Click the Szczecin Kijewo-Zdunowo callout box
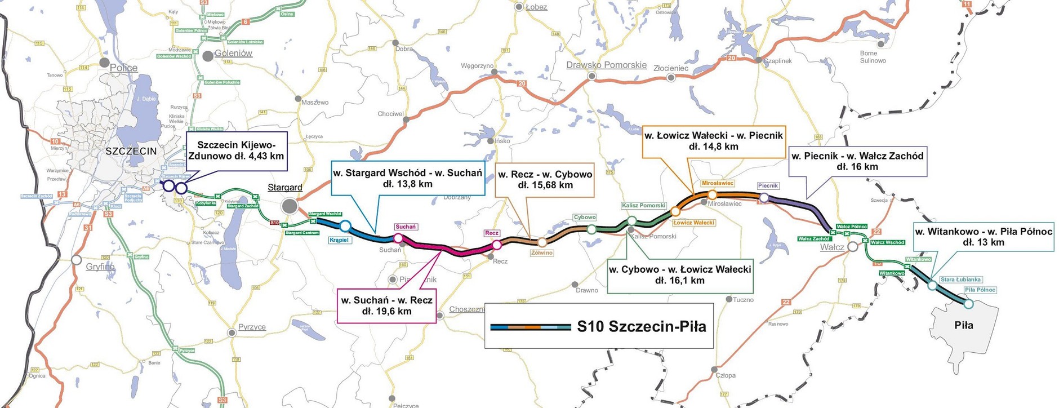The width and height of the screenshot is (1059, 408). click(237, 150)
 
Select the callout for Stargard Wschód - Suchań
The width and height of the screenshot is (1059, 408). click(407, 178)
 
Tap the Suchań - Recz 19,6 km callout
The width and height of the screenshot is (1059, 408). click(386, 305)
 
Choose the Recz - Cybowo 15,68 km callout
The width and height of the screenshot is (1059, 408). click(545, 180)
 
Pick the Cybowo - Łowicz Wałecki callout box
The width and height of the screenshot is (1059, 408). click(680, 275)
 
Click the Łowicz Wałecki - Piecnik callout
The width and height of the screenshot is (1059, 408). click(714, 141)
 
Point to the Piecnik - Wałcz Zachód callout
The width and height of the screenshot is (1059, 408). click(857, 161)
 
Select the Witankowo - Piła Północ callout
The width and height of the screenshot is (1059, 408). click(983, 237)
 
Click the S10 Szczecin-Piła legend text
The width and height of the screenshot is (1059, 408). click(642, 326)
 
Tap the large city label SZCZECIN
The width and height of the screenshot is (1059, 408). click(131, 151)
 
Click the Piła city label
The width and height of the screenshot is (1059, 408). click(964, 325)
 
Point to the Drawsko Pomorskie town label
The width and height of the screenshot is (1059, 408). click(606, 65)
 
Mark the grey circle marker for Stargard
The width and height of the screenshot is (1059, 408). click(290, 206)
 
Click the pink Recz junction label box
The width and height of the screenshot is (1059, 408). click(492, 233)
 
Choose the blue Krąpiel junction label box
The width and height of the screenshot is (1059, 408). click(339, 240)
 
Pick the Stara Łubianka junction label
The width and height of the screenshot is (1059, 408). click(961, 280)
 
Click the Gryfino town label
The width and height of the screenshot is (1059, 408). click(100, 267)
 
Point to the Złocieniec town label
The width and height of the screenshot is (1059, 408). click(671, 68)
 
